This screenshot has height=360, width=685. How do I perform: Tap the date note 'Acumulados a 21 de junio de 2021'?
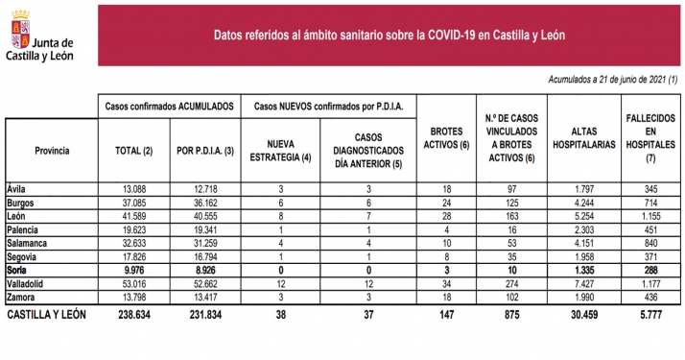(613, 80)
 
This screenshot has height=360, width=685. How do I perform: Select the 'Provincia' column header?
(51, 152)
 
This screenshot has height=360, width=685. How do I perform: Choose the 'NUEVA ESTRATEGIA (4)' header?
(280, 150)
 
